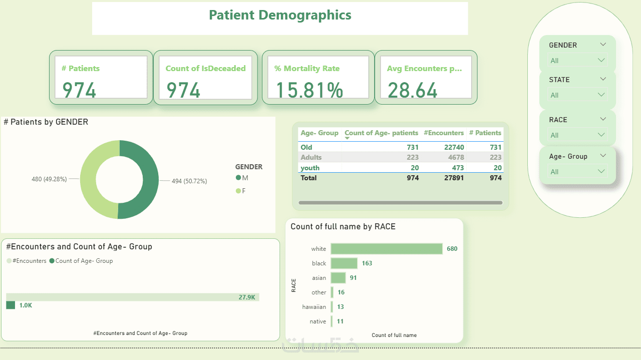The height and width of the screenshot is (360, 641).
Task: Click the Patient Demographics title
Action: click(x=280, y=15)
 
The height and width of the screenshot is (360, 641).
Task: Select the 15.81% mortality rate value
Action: click(x=309, y=90)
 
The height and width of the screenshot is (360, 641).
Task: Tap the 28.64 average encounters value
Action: click(x=412, y=90)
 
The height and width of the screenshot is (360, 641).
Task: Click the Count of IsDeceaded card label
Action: click(x=205, y=69)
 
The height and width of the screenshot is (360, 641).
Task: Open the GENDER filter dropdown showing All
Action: click(x=577, y=61)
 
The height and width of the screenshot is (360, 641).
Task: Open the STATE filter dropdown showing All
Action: click(x=577, y=95)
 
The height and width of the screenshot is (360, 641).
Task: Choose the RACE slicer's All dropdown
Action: click(x=577, y=135)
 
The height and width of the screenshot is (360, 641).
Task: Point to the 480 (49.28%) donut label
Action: click(x=49, y=179)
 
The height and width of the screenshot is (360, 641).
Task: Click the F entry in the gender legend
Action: click(x=241, y=191)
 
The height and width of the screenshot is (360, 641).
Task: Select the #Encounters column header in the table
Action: click(x=444, y=133)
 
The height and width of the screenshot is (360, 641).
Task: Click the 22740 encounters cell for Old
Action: click(x=454, y=147)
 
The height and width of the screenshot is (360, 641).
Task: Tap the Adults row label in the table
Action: click(x=311, y=157)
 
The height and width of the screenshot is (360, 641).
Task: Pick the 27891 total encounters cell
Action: click(x=454, y=178)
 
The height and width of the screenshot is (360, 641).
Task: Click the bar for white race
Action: click(x=387, y=249)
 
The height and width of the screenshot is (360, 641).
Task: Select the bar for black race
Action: click(x=344, y=263)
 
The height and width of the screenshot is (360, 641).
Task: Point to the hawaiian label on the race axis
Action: click(x=314, y=307)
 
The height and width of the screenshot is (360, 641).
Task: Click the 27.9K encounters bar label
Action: click(x=247, y=297)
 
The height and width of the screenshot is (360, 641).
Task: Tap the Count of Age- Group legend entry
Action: click(x=81, y=261)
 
